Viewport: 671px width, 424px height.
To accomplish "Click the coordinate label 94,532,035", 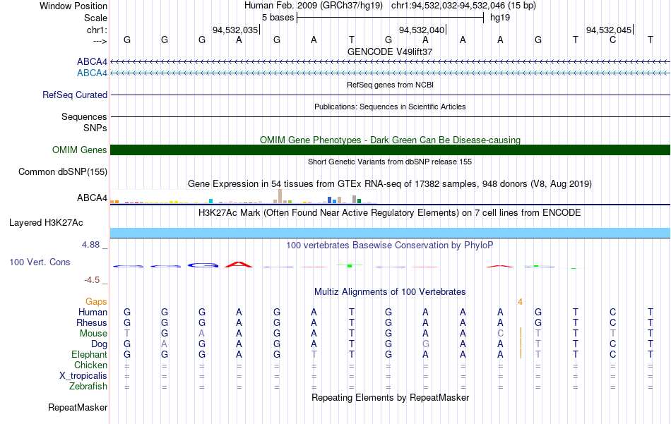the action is tap(235, 30).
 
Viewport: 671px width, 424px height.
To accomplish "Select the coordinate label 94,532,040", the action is tap(422, 30).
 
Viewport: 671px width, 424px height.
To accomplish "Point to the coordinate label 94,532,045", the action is tap(609, 30).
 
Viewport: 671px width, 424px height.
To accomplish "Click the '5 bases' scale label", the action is tap(278, 18).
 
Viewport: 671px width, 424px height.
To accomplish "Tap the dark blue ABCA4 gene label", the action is tap(92, 62).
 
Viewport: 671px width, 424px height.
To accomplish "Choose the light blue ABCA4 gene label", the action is tap(92, 73).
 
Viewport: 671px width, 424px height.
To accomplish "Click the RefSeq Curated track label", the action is tap(75, 95).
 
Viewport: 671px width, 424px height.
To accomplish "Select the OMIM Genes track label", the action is tap(80, 150).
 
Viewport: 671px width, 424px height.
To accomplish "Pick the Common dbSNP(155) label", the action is tap(63, 172).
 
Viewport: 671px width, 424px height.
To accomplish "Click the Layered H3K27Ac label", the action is tap(46, 223).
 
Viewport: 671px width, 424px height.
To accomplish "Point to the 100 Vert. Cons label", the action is tap(40, 262).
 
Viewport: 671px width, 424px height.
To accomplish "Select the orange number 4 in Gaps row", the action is tap(520, 302).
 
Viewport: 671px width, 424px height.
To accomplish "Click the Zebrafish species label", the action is tap(88, 387).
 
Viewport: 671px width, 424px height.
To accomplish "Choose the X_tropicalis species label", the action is tap(83, 376).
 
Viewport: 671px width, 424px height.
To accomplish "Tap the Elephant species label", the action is tap(90, 355).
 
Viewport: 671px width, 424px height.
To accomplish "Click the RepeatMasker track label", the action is tap(78, 408).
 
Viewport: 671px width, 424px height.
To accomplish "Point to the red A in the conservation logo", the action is tap(239, 265).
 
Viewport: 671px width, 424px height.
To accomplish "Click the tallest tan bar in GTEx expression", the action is tap(280, 196).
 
